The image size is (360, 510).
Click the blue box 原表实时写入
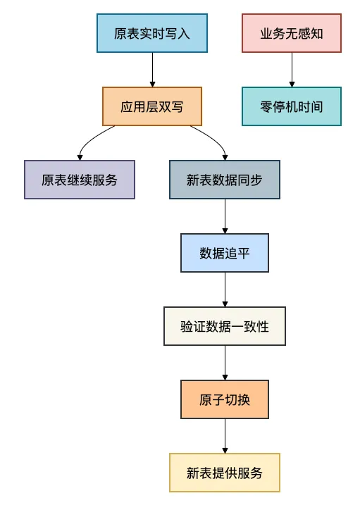pyautogui.click(x=152, y=33)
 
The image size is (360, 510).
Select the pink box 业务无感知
pyautogui.click(x=292, y=33)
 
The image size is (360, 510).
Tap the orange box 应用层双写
pyautogui.click(x=152, y=106)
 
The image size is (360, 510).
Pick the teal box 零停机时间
pyautogui.click(x=292, y=106)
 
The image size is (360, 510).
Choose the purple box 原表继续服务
pyautogui.click(x=80, y=180)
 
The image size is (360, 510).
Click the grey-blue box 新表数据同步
pyautogui.click(x=225, y=180)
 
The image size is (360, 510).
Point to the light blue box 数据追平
pyautogui.click(x=225, y=253)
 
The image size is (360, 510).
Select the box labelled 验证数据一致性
pyautogui.click(x=225, y=326)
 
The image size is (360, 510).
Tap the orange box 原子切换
pyautogui.click(x=225, y=399)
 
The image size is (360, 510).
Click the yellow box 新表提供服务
pyautogui.click(x=225, y=473)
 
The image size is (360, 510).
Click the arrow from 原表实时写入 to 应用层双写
pyautogui.click(x=152, y=70)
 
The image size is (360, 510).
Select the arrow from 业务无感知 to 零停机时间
pyautogui.click(x=292, y=70)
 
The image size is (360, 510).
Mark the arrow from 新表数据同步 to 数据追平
pyautogui.click(x=225, y=216)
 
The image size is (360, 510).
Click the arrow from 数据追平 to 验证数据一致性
pyautogui.click(x=225, y=290)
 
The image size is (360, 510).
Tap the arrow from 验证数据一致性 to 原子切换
pyautogui.click(x=225, y=363)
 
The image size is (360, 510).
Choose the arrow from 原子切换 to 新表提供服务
pyautogui.click(x=225, y=436)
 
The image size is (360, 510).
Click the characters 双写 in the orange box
pyautogui.click(x=171, y=106)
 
